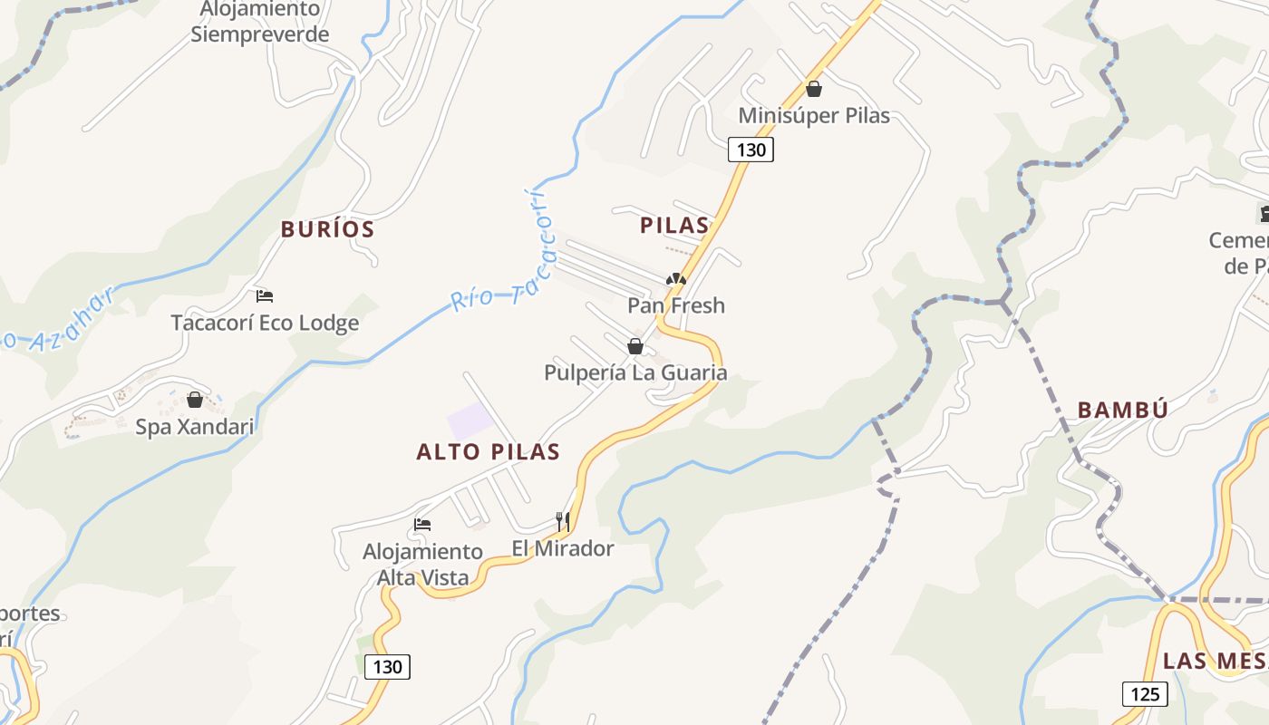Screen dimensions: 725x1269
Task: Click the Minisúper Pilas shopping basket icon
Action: coord(814,89)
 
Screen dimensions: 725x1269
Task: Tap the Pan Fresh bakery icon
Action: coord(676,279)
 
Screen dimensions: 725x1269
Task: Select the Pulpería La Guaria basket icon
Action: coord(635,346)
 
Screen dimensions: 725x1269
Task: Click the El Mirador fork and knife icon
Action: coord(563,521)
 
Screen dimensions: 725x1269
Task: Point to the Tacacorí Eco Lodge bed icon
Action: coord(265,296)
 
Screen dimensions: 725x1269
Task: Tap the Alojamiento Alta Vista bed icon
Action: coord(422,525)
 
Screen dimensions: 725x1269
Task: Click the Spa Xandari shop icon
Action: coord(195,400)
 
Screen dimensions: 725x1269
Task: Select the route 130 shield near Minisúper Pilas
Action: coord(751,150)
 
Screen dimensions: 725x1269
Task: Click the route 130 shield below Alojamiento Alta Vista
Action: coord(388,667)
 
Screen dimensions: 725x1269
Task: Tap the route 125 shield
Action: coord(1145,694)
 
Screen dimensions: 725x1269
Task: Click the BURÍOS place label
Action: coord(327,229)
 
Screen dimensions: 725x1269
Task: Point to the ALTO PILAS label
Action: coord(489,451)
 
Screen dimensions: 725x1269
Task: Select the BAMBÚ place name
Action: coord(1122,410)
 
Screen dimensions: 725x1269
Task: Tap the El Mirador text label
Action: coord(563,548)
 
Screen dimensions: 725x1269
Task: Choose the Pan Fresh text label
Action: coord(676,305)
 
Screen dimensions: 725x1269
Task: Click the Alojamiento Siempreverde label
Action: coord(260,22)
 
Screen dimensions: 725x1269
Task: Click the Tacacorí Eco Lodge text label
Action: coord(265,323)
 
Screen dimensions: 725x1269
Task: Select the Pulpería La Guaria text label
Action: coord(635,372)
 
